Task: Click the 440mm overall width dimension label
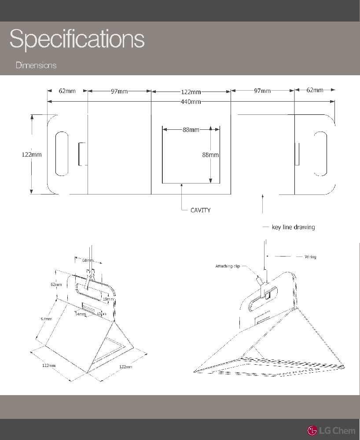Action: tap(191, 102)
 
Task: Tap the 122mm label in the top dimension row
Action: tap(191, 92)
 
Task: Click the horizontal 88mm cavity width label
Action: tap(191, 129)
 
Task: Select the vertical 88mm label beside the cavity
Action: tap(210, 155)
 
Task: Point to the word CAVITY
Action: tap(200, 210)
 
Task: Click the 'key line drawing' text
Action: tap(293, 227)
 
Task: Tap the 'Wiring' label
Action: tap(310, 257)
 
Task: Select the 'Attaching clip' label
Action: tap(228, 266)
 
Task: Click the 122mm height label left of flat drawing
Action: tap(32, 154)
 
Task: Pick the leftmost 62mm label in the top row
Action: tap(67, 91)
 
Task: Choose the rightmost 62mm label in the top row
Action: tap(315, 90)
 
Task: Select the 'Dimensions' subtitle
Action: tap(36, 65)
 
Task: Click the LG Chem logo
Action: tap(331, 430)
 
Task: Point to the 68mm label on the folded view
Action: tap(88, 260)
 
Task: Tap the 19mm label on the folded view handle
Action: tap(108, 299)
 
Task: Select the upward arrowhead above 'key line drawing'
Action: tap(262, 198)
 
